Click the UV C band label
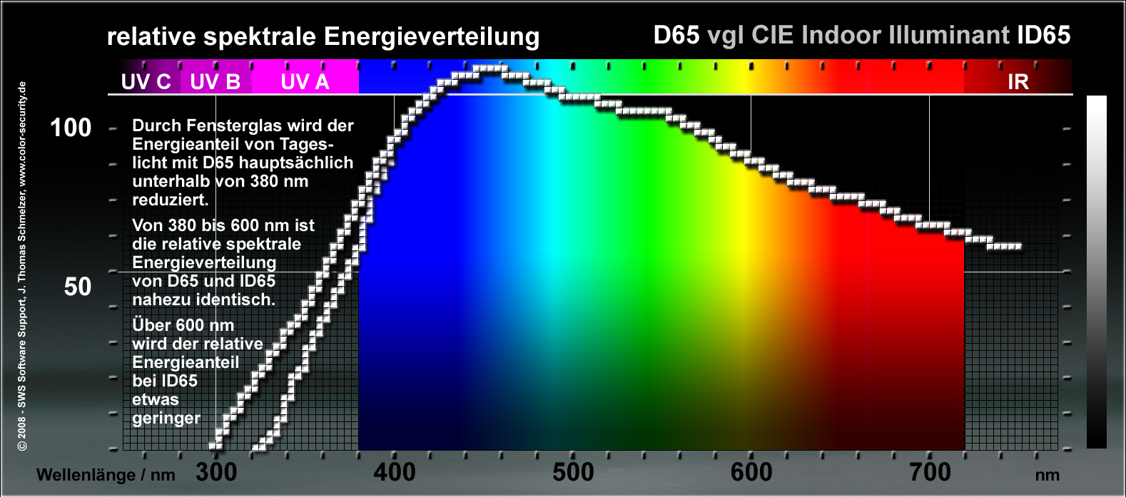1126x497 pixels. point(146,81)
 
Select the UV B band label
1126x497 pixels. point(215,81)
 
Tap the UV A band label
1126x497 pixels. point(305,81)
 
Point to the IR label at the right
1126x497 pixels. point(1018,81)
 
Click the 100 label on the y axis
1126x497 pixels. point(71,128)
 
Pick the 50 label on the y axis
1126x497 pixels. point(78,287)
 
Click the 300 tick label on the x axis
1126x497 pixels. point(215,472)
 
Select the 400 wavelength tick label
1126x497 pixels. point(394,472)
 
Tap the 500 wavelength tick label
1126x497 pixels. point(572,472)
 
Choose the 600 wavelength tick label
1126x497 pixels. point(751,472)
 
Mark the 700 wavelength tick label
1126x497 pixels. point(929,472)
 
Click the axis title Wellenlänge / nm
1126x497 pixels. point(106,475)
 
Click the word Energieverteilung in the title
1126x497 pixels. point(432,36)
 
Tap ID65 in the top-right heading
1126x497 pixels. point(1043,35)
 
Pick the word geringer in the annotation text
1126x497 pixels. point(166,418)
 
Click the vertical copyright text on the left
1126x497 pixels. point(22,265)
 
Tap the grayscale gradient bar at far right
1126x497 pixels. point(1096,271)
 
